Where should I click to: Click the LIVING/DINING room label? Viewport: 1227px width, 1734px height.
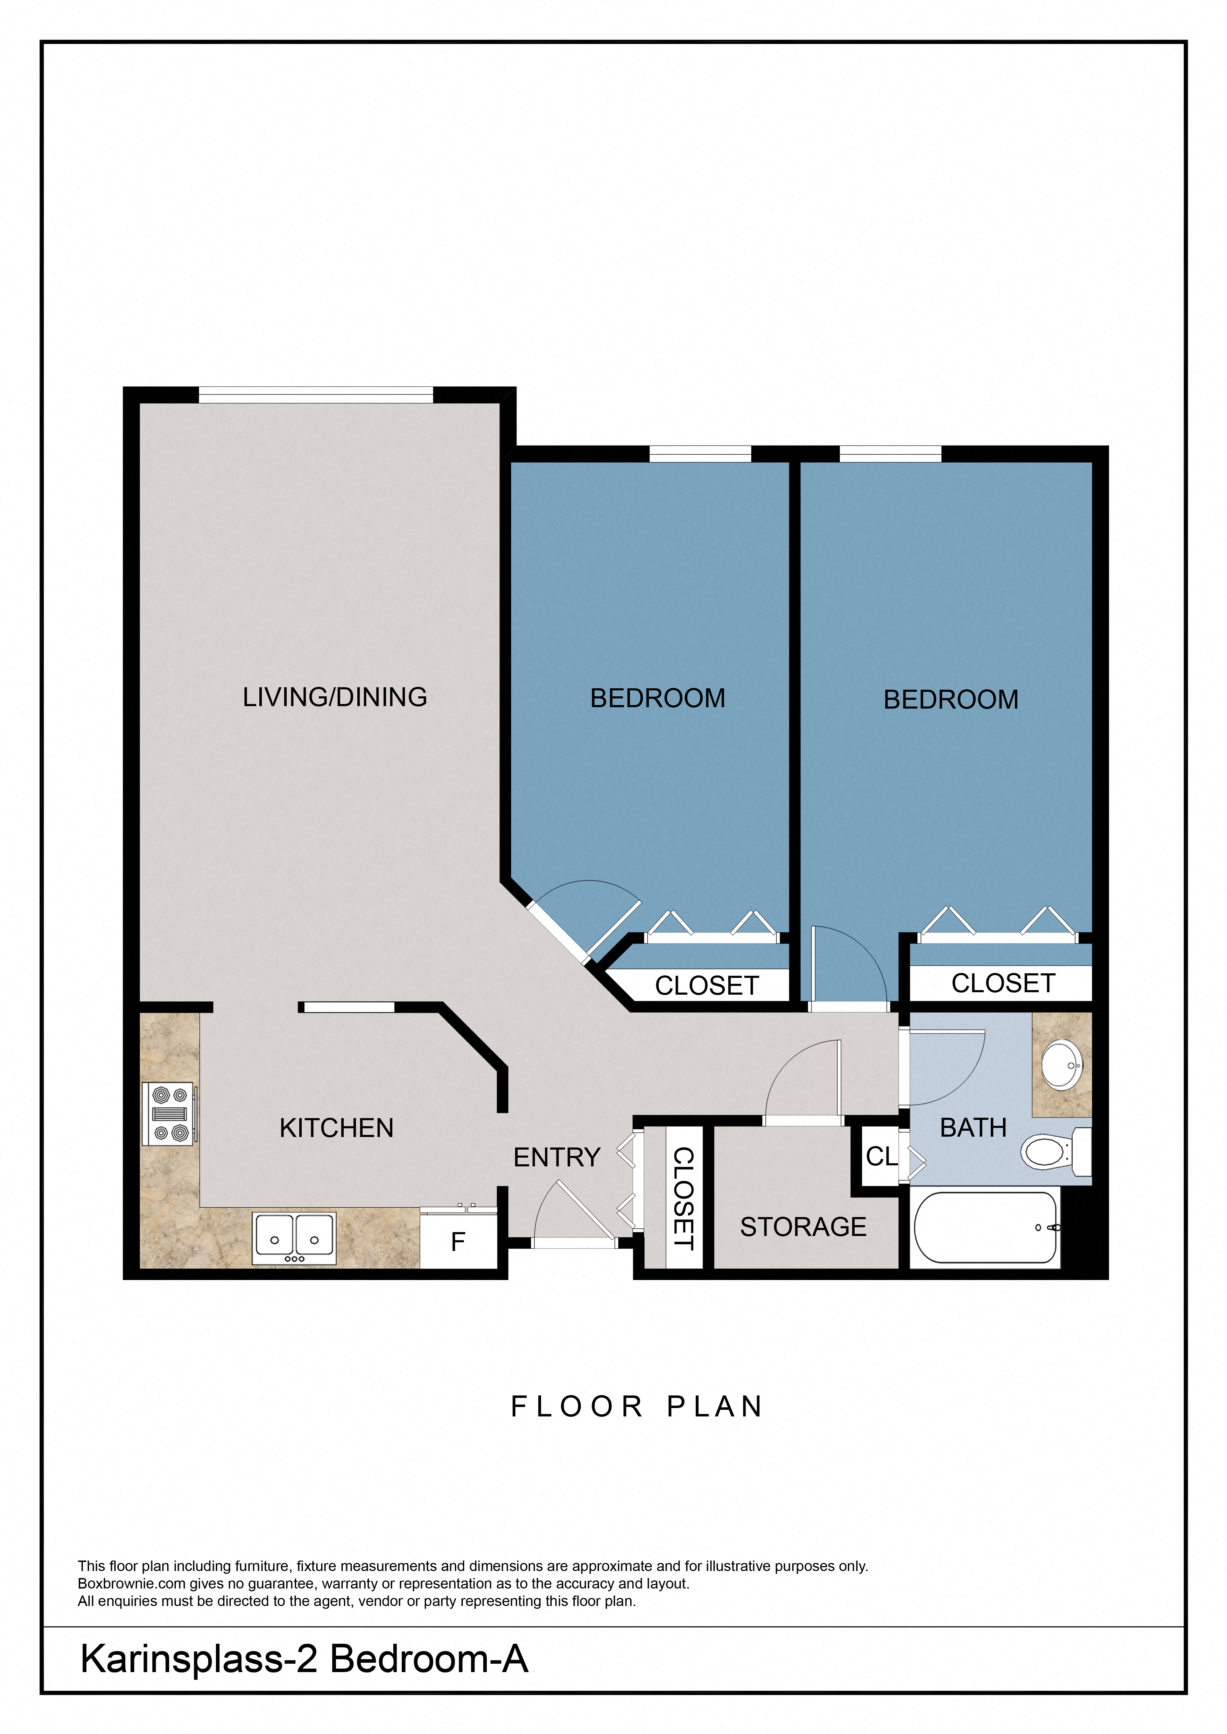click(335, 696)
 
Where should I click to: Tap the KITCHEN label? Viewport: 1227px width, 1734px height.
click(336, 1128)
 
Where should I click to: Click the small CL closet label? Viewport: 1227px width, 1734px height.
click(881, 1156)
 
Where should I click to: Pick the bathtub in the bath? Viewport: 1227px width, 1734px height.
click(984, 1227)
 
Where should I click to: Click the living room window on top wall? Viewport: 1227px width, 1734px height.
click(316, 394)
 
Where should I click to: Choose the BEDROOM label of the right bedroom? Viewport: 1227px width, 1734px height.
click(951, 699)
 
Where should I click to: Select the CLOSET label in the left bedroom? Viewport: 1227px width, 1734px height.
click(707, 986)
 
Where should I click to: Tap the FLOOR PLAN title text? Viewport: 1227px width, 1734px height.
click(637, 1406)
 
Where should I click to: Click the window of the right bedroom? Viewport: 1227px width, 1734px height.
click(890, 453)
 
